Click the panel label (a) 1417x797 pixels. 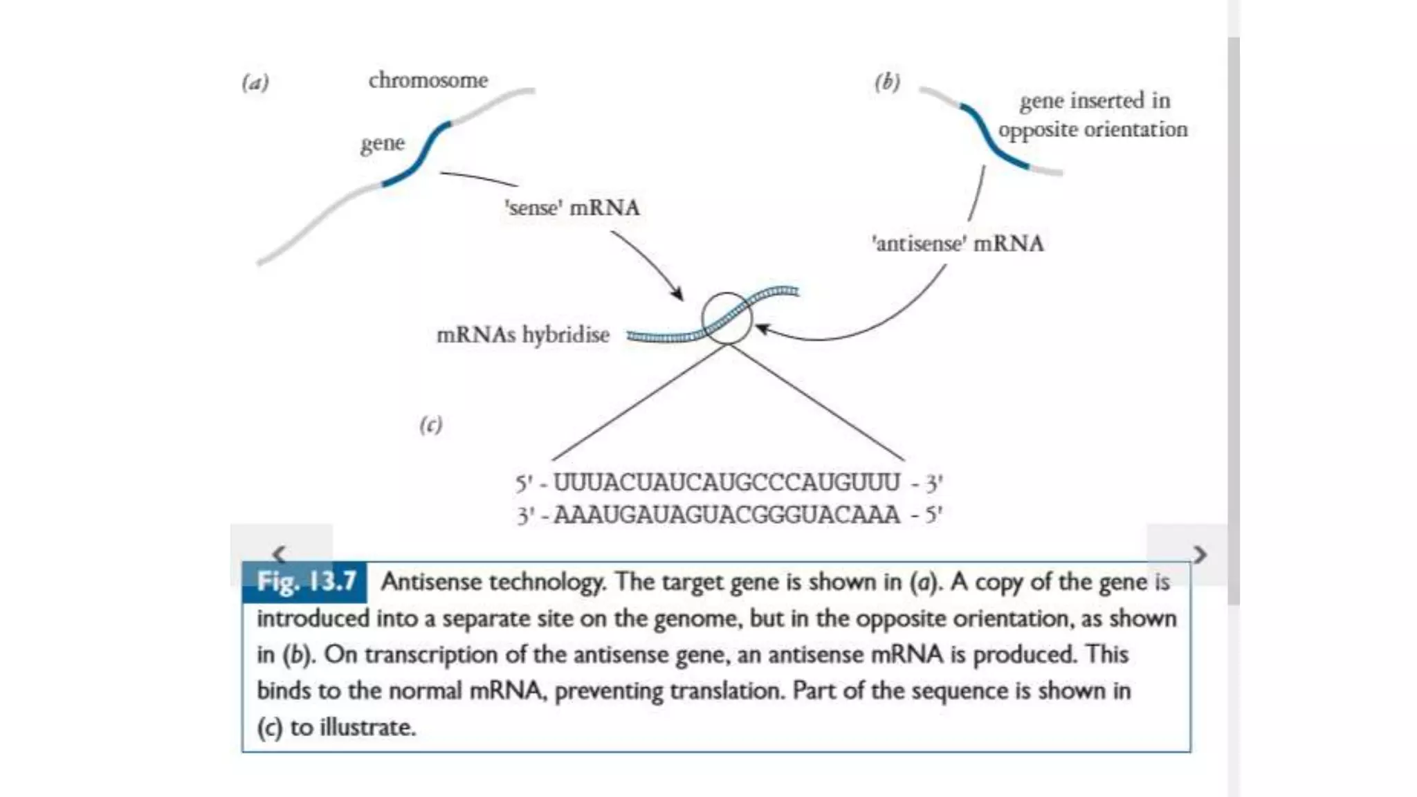[255, 83]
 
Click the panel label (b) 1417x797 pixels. [887, 82]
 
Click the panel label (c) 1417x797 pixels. [430, 424]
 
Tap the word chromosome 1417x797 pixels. [428, 80]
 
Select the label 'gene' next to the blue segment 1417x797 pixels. [382, 144]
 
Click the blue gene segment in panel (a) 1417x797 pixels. [419, 156]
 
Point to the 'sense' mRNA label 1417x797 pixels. [572, 208]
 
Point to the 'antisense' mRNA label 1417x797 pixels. [958, 244]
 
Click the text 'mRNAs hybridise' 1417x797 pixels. [523, 335]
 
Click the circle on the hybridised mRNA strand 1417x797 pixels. [726, 318]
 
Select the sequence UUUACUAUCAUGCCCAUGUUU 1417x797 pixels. [726, 482]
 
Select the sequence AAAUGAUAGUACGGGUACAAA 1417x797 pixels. [726, 515]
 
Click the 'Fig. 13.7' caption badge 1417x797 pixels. [305, 582]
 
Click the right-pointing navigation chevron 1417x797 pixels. [1200, 554]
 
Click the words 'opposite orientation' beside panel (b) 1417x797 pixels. [1093, 130]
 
